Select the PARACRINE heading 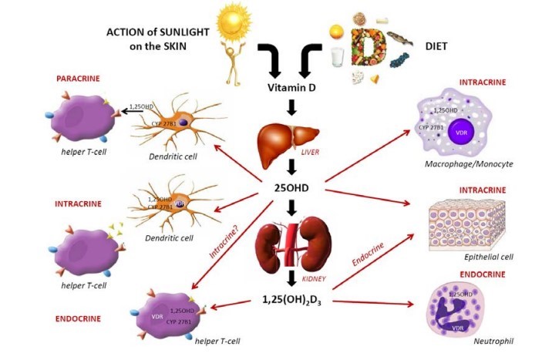pos(81,79)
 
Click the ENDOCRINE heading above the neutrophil pos(481,274)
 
